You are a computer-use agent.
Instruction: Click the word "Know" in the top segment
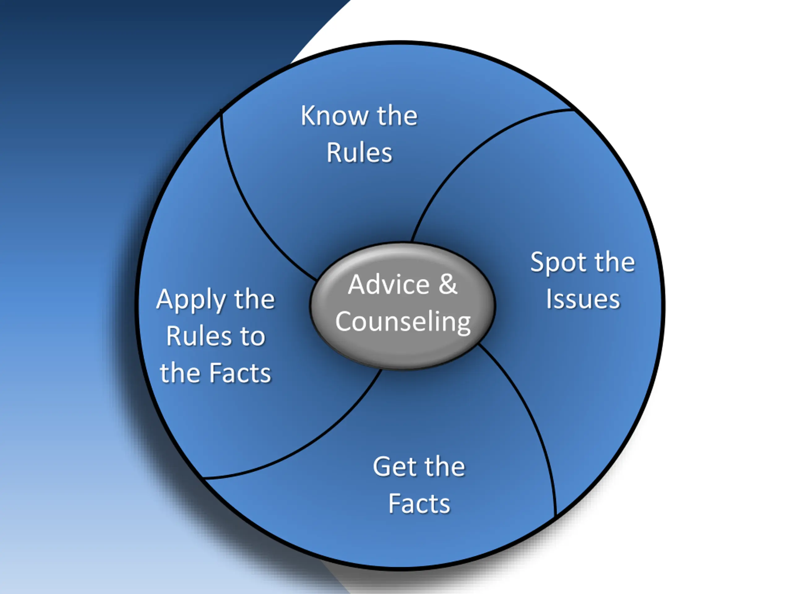334,116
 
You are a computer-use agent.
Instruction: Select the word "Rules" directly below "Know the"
359,153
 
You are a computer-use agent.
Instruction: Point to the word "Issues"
583,299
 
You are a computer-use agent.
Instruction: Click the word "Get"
394,467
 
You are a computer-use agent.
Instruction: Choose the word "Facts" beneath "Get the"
419,504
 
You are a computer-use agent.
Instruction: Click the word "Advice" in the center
389,285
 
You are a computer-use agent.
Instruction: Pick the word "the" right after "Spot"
614,262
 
